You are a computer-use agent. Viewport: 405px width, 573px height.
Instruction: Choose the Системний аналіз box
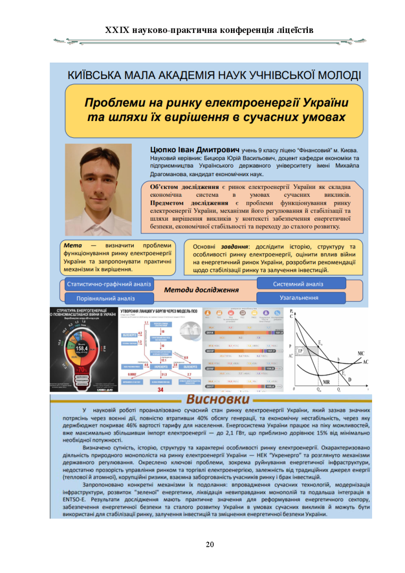[x=298, y=284]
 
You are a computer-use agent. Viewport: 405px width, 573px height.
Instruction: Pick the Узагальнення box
[x=299, y=298]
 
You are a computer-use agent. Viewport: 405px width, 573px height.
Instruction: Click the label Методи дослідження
[x=201, y=290]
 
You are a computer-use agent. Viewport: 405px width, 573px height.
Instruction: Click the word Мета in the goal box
[x=72, y=245]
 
